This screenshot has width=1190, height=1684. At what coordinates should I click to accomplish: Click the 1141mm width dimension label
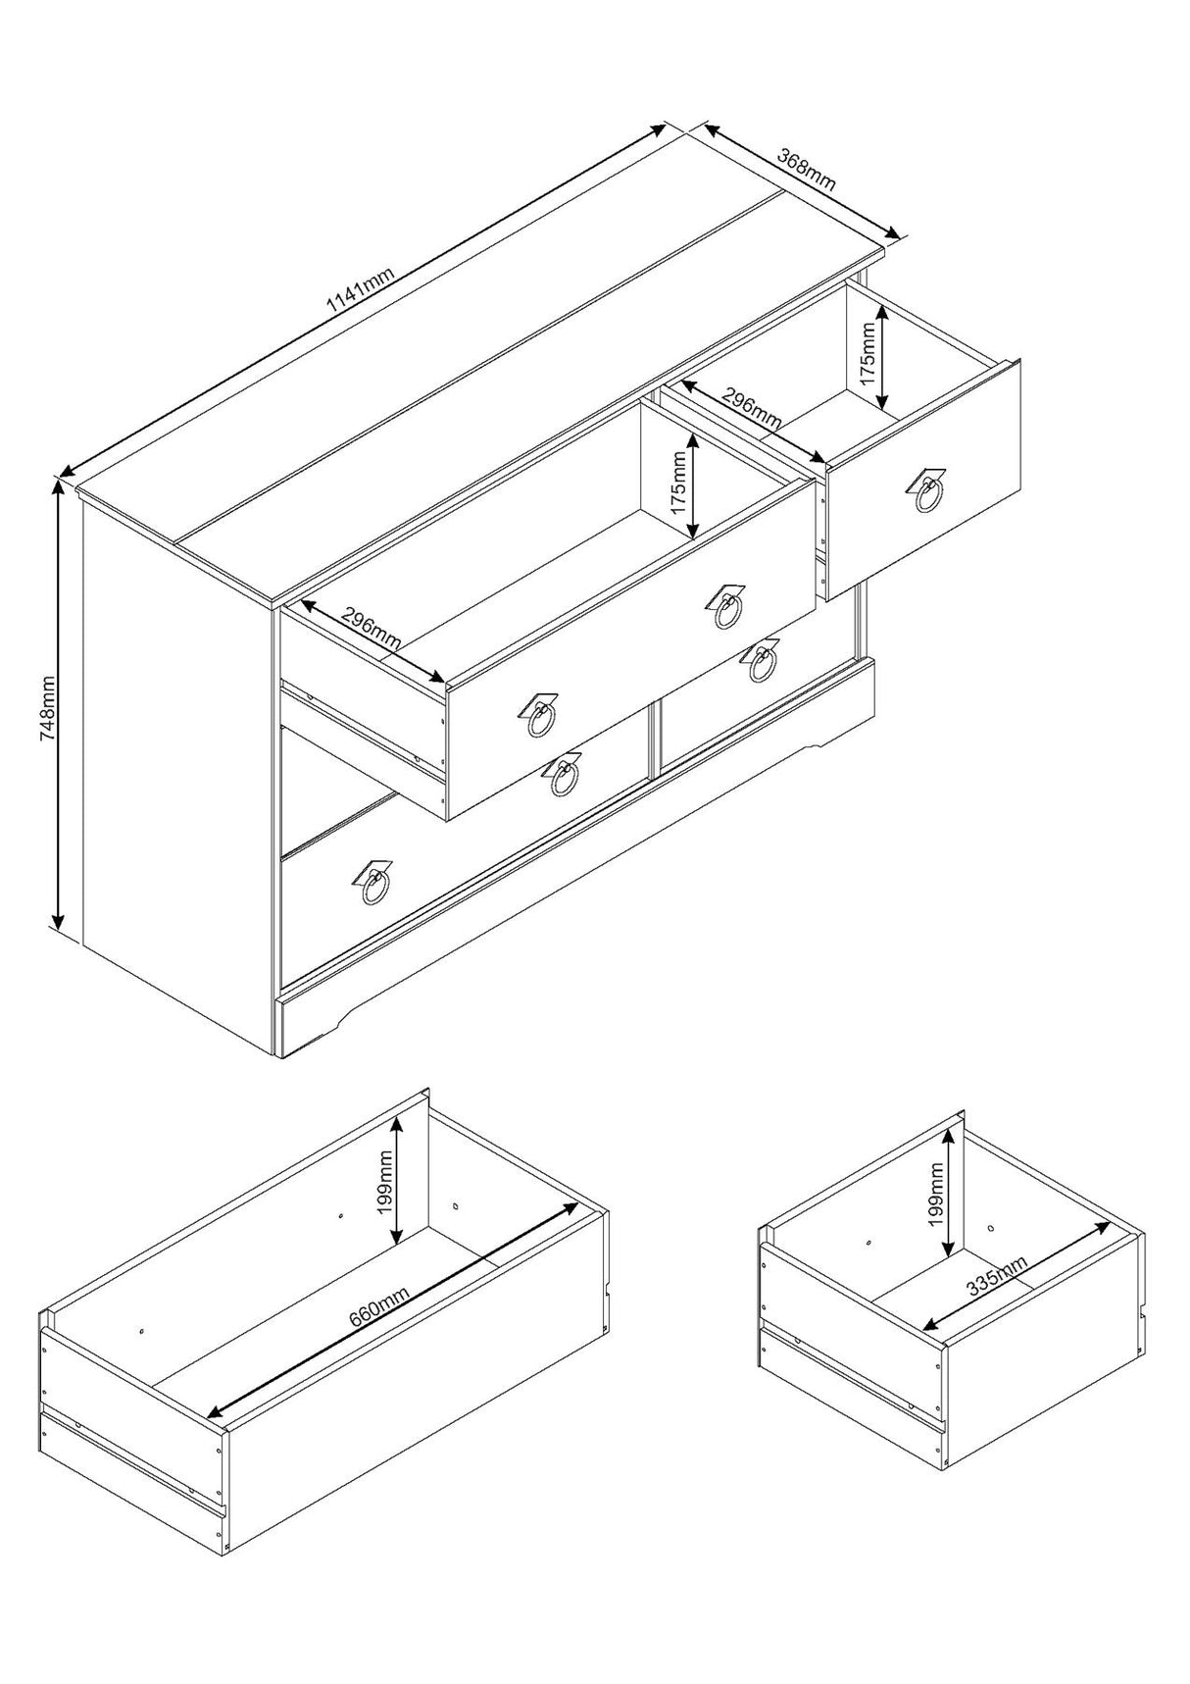tap(361, 289)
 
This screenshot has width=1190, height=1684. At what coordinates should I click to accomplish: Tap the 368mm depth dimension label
tap(806, 168)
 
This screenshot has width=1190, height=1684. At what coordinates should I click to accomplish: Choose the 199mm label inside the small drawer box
tap(936, 1195)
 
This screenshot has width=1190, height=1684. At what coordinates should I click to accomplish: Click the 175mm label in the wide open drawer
tap(679, 485)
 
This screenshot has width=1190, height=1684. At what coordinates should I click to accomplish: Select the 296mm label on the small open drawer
tap(752, 408)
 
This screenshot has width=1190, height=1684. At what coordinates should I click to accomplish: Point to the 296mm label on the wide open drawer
tap(371, 630)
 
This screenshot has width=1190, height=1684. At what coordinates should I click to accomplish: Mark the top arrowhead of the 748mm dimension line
tap(58, 486)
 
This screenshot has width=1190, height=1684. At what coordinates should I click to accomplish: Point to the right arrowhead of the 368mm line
tap(892, 232)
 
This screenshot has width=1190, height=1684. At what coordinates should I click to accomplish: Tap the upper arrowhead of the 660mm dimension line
tap(570, 1209)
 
